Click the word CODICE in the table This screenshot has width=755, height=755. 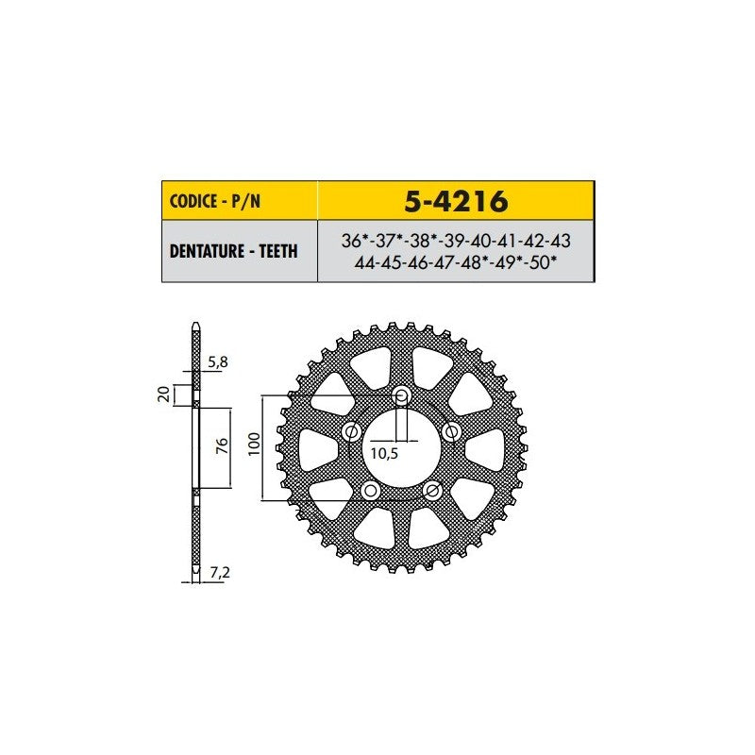click(x=193, y=201)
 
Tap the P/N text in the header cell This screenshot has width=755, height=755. click(x=246, y=201)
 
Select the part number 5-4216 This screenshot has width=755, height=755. click(x=456, y=201)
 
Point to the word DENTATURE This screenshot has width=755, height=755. click(x=207, y=251)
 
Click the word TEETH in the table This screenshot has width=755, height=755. click(x=278, y=251)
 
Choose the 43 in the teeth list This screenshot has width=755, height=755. click(x=560, y=241)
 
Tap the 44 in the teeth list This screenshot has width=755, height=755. click(x=364, y=263)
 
